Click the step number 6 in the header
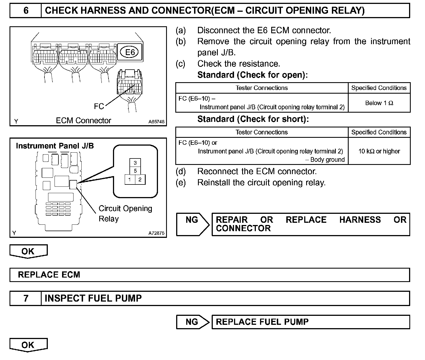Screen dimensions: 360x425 [x=26, y=11]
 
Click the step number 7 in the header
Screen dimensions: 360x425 [x=26, y=298]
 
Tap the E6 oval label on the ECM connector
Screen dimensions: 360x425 [x=130, y=52]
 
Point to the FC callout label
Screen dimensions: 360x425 [x=99, y=106]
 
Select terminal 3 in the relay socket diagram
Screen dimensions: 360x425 [x=135, y=163]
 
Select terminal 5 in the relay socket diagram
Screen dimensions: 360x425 [x=135, y=171]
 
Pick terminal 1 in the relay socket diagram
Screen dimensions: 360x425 [x=130, y=179]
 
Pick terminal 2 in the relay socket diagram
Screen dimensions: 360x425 [x=140, y=179]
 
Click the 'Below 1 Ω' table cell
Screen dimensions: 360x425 [x=379, y=103]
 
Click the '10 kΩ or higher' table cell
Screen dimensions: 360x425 [x=379, y=151]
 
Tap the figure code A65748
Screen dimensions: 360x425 [x=157, y=122]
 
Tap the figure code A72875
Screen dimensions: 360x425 [x=157, y=233]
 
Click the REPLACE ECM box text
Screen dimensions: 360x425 [x=49, y=275]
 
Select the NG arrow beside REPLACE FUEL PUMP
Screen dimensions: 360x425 [x=192, y=322]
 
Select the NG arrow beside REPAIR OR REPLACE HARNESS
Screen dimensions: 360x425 [x=192, y=224]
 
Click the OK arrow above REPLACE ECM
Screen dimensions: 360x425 [x=28, y=251]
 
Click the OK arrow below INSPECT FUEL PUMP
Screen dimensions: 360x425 [x=28, y=345]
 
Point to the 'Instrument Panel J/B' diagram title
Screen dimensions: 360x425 [x=55, y=146]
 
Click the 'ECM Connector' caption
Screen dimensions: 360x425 [x=83, y=120]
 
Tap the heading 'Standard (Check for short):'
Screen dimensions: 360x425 [x=253, y=119]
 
